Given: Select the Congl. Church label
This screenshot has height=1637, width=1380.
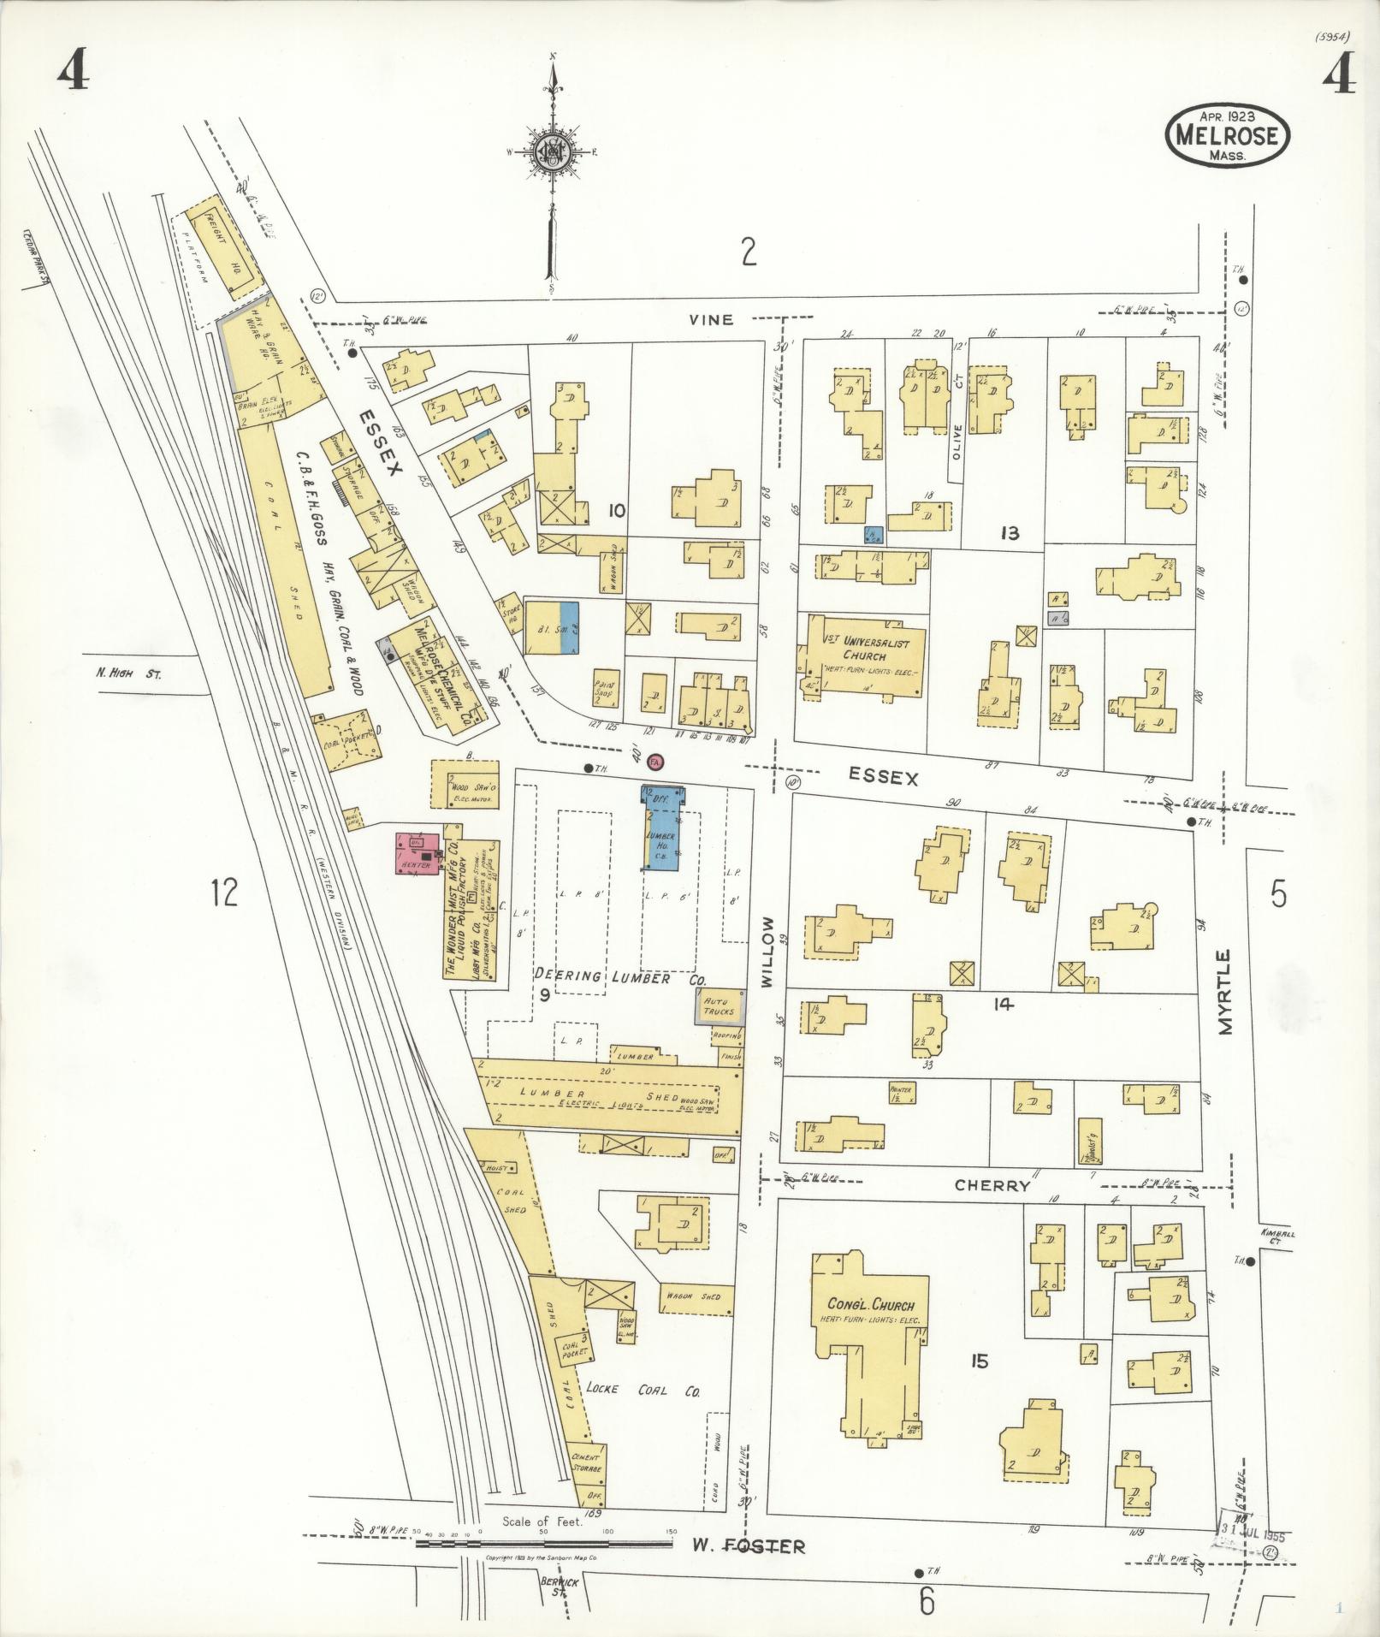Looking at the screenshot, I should coord(870,1329).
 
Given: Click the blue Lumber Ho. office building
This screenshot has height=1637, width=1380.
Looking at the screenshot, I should coord(661,829).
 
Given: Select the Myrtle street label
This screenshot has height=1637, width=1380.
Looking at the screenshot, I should coord(1227,992).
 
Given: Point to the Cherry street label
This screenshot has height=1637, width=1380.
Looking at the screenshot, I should coord(992,1186).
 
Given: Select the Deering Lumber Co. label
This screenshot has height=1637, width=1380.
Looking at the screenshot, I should coord(613,977).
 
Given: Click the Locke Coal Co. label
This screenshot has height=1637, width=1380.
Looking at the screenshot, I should coord(643,1391).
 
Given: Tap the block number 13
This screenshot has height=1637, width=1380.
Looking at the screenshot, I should coord(1010,534).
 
